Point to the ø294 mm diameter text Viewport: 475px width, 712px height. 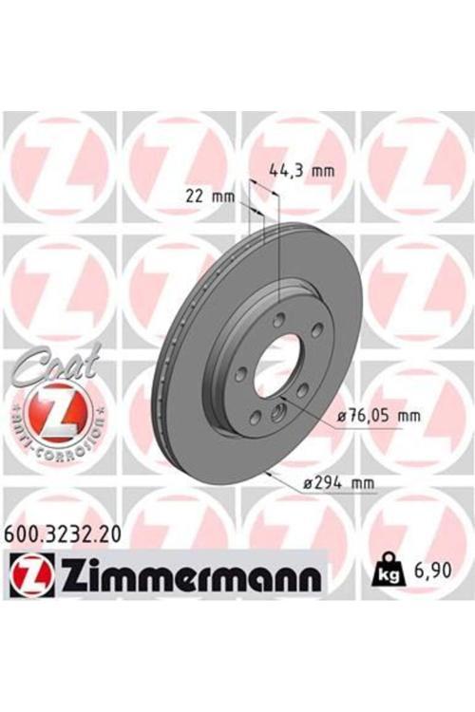tap(339, 484)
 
